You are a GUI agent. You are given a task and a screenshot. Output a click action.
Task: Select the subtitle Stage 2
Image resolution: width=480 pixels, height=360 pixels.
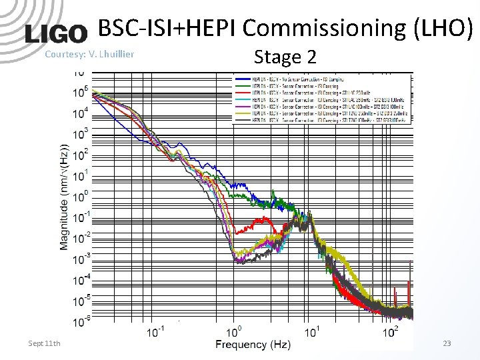click(285, 57)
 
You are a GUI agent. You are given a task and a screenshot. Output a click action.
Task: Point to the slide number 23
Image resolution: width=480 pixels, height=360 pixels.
click(447, 343)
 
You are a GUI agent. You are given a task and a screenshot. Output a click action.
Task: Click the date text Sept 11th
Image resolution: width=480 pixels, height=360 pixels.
click(44, 343)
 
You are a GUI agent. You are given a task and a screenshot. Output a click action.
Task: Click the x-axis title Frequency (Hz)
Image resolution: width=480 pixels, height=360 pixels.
click(253, 345)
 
